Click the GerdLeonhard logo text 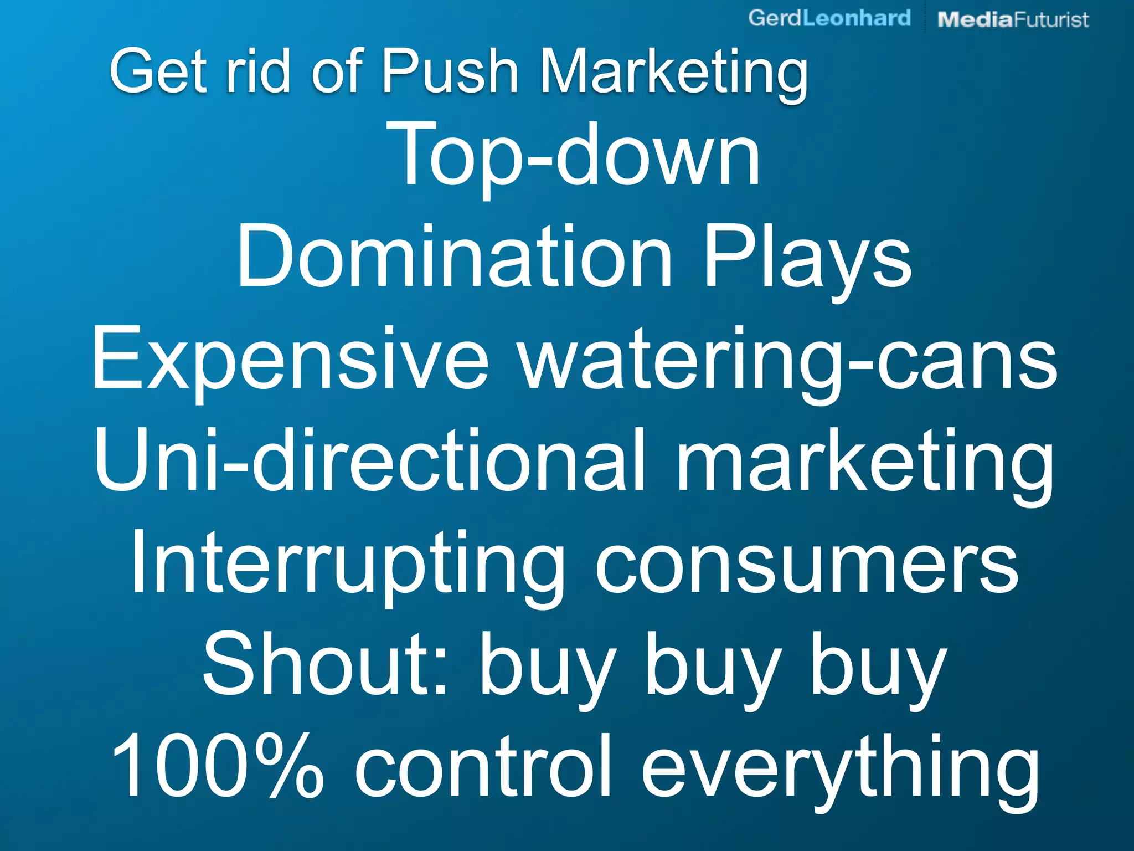[x=829, y=18]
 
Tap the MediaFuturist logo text [x=1013, y=19]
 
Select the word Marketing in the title [x=673, y=73]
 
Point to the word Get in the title [x=158, y=71]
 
